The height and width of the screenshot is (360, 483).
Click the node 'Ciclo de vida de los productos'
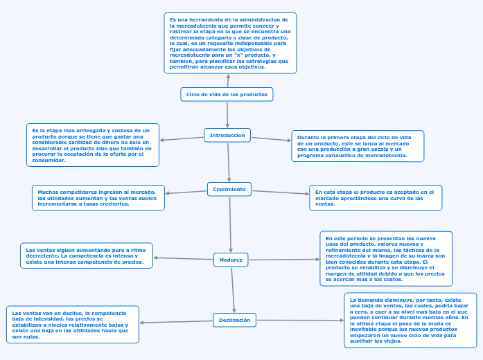point(227,94)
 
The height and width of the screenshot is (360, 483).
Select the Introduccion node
point(227,135)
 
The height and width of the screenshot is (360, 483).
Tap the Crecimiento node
point(229,188)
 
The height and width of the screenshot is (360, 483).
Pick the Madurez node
point(231,260)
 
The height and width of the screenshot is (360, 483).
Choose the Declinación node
point(234,320)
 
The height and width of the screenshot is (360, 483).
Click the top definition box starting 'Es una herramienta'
point(230,43)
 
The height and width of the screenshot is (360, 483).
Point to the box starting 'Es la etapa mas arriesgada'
point(93,145)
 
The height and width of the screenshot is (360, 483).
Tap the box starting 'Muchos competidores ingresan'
point(98,197)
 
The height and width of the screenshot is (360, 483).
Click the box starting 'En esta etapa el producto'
point(376,197)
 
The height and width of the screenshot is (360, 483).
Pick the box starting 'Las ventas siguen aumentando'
point(87,255)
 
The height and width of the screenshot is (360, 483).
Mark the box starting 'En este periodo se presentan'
point(386,258)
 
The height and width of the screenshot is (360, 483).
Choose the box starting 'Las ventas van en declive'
point(73,324)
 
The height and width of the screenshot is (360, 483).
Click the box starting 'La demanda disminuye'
point(410,320)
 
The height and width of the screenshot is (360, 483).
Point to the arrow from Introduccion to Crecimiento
point(229,162)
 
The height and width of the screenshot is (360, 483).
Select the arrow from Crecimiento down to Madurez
point(230,224)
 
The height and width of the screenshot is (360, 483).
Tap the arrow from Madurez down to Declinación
point(233,290)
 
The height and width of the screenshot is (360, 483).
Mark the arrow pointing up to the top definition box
point(227,80)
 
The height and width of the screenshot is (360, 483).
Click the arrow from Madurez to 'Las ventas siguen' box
point(183,259)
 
